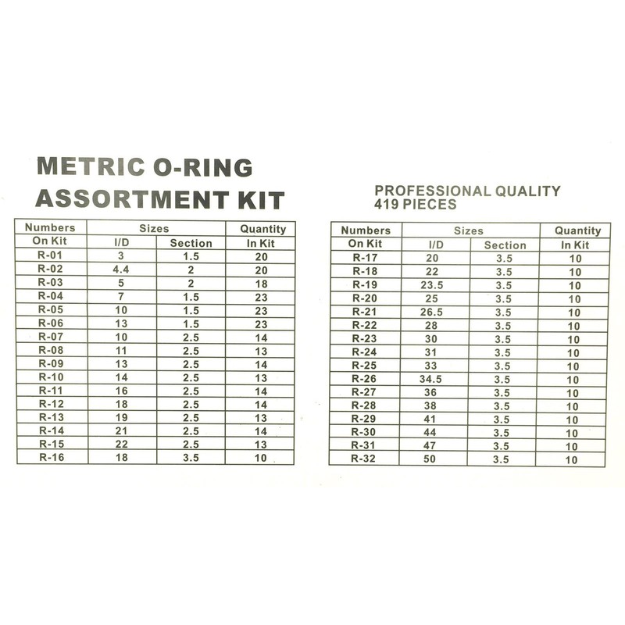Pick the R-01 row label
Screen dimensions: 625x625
(51, 256)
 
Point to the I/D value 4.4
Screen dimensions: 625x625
(121, 270)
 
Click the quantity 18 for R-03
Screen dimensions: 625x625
(260, 283)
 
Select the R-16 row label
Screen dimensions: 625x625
(51, 457)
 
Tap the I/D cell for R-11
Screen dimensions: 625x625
(121, 390)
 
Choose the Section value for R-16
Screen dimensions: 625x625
(191, 457)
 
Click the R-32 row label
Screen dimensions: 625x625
(364, 459)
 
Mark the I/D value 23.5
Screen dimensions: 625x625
(432, 285)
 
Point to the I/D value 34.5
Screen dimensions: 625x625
(432, 379)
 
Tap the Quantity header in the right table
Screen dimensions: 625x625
(577, 230)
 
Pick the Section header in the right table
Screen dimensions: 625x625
(505, 245)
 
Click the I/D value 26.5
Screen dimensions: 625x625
(432, 312)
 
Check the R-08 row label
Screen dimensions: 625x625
(51, 350)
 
